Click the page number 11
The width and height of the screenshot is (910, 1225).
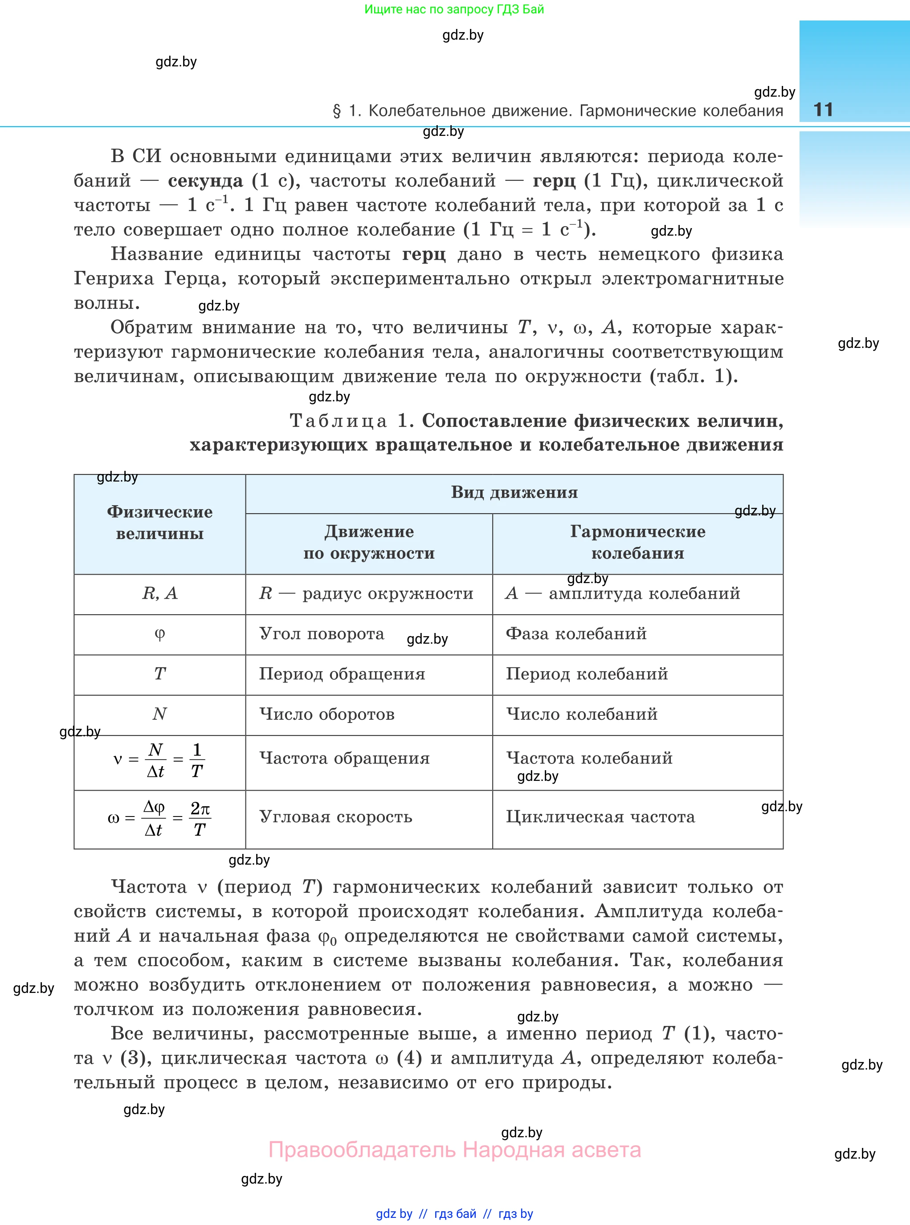[x=823, y=110]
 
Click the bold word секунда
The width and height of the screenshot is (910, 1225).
[x=205, y=181]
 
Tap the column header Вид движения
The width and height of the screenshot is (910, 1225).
[x=514, y=492]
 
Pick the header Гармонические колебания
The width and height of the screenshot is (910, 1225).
[x=637, y=543]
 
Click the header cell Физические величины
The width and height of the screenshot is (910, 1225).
[x=160, y=523]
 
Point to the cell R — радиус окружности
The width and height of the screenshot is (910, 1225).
[x=366, y=593]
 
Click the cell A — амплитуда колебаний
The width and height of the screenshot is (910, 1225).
[x=622, y=593]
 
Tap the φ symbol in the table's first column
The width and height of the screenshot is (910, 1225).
[x=160, y=633]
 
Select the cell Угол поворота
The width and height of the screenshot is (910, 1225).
[x=322, y=634]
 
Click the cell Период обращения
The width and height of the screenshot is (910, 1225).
[x=342, y=674]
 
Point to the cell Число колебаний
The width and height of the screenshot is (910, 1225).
[x=581, y=715]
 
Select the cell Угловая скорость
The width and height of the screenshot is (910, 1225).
[x=335, y=817]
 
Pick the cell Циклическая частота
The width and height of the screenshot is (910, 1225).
[x=600, y=817]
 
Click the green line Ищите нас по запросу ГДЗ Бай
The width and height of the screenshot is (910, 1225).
[x=454, y=9]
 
